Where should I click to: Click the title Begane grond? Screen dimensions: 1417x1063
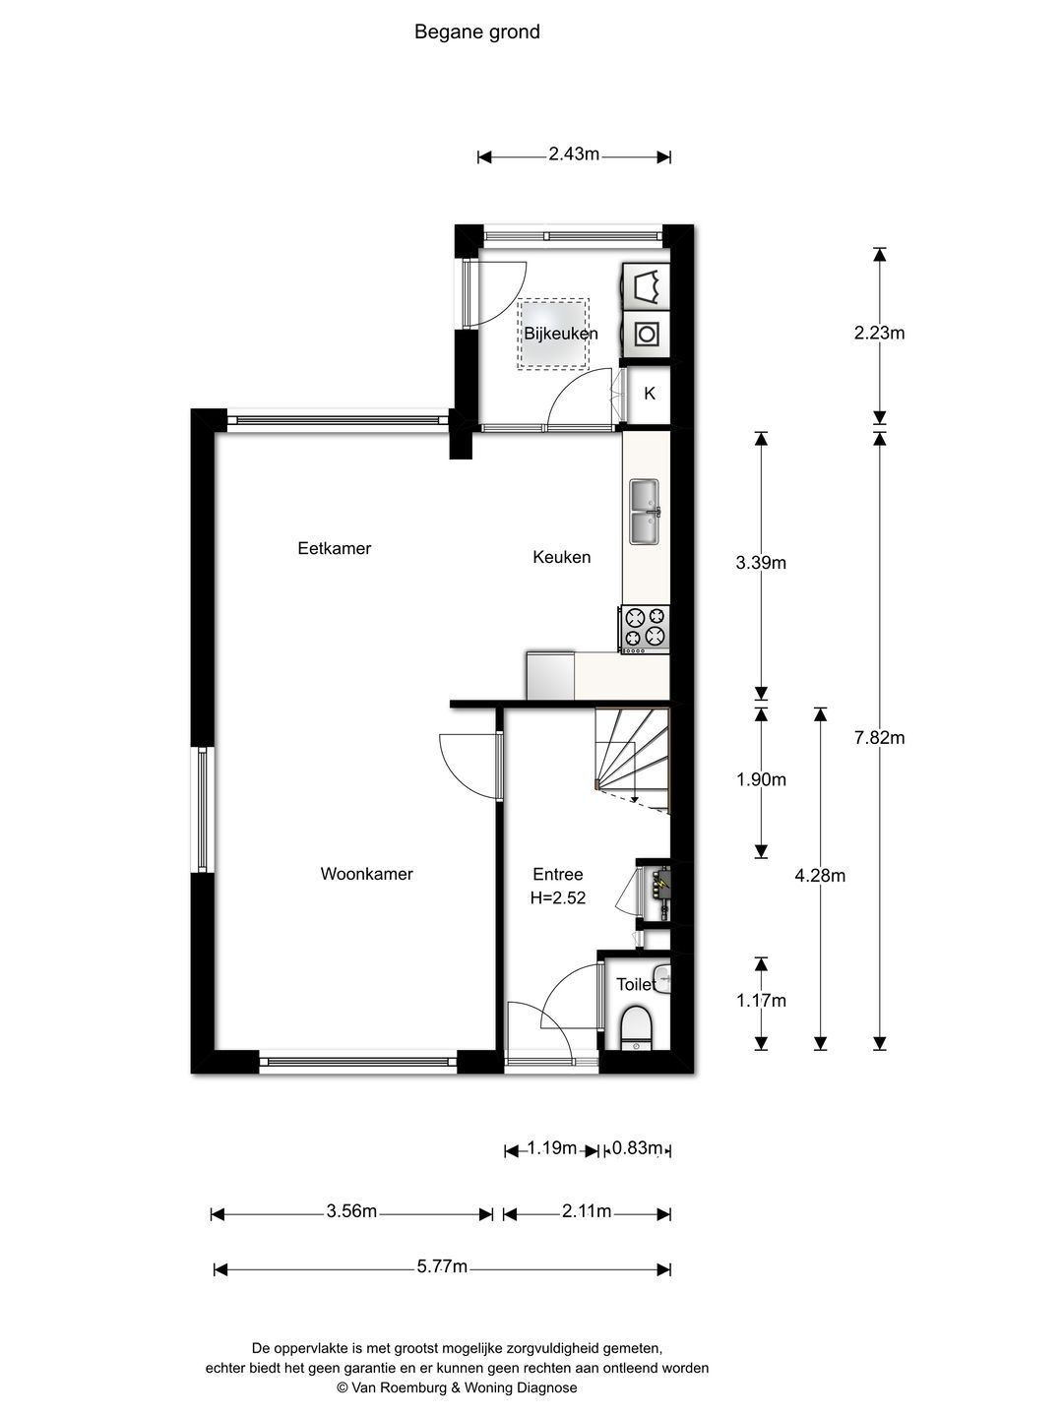pyautogui.click(x=476, y=32)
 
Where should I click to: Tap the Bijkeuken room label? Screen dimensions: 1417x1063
pyautogui.click(x=560, y=334)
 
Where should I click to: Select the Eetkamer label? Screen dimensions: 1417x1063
pyautogui.click(x=334, y=548)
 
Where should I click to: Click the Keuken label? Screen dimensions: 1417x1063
pyautogui.click(x=561, y=557)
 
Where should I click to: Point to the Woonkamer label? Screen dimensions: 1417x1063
pyautogui.click(x=366, y=874)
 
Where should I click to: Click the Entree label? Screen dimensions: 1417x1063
pyautogui.click(x=557, y=874)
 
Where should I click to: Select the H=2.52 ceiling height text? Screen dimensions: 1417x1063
pyautogui.click(x=558, y=897)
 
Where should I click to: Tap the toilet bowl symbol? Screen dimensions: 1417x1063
pyautogui.click(x=636, y=1026)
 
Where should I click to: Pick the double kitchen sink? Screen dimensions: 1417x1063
pyautogui.click(x=646, y=512)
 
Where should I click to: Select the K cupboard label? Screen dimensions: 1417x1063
pyautogui.click(x=650, y=394)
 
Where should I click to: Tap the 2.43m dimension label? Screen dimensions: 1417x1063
pyautogui.click(x=574, y=154)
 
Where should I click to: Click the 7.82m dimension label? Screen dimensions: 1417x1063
pyautogui.click(x=879, y=737)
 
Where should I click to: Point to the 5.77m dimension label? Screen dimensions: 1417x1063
pyautogui.click(x=442, y=1266)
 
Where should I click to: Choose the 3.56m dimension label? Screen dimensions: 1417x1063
pyautogui.click(x=351, y=1211)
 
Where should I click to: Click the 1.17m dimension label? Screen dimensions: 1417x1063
pyautogui.click(x=761, y=1001)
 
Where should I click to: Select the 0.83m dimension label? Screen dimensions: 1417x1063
pyautogui.click(x=638, y=1147)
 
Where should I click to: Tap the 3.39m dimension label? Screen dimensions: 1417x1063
pyautogui.click(x=761, y=563)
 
